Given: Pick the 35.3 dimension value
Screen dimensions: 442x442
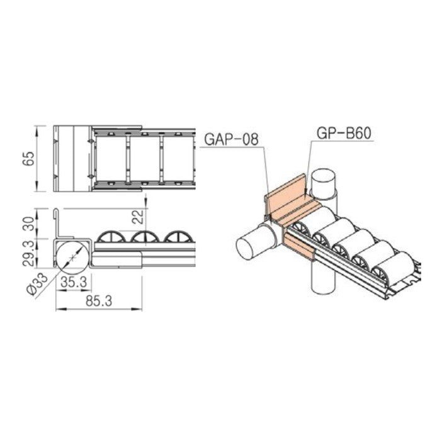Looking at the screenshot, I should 75,283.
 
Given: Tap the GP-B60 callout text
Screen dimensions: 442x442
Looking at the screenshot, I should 343,133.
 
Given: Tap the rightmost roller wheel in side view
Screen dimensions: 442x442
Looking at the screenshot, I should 180,237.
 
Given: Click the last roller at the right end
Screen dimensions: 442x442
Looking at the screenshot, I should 397,264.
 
